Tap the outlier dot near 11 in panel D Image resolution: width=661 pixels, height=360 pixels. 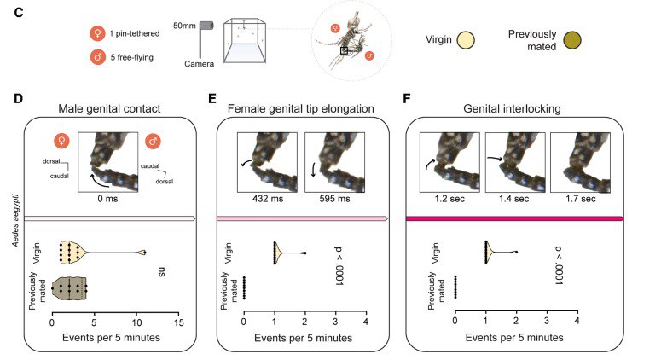[144, 253]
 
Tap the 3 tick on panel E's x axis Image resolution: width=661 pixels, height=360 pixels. [335, 323]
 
